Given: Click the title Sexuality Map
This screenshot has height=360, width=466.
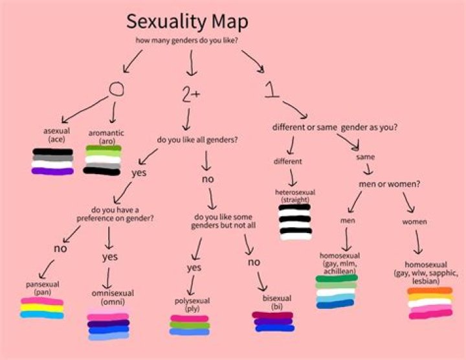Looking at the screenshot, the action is tap(187, 21).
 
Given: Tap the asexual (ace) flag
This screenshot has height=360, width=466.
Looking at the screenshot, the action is tap(52, 161).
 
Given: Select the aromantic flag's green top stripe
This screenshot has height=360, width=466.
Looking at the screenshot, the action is tap(104, 148).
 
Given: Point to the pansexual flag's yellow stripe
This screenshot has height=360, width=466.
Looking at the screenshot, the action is tap(42, 308).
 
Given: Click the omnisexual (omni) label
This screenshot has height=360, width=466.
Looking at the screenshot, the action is tap(113, 298).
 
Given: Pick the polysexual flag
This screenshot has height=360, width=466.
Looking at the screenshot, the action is tap(189, 325).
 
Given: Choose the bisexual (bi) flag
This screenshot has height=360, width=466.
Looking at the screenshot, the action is tap(273, 322).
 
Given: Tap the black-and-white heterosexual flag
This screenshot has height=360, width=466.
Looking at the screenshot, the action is tap(295, 222).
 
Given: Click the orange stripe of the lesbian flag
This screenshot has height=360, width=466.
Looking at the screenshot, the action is tap(430, 291).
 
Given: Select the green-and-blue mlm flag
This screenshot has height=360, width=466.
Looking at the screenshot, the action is tap(336, 291).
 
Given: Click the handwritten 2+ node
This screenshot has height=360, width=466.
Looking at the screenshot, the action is tap(191, 95).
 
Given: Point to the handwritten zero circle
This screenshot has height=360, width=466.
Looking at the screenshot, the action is tap(116, 89).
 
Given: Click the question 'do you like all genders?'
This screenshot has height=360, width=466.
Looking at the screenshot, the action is tap(197, 140).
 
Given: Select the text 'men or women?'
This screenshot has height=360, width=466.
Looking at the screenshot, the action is tap(390, 184).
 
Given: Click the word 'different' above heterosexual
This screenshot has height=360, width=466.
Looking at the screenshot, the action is tap(287, 161).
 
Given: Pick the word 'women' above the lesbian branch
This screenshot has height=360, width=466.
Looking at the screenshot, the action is tap(414, 222).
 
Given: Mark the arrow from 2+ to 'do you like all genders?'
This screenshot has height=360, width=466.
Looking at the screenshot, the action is tap(187, 119).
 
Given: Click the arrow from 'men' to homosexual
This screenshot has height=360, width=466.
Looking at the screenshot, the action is tap(346, 240).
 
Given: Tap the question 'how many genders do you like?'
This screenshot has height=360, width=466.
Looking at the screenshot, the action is tap(186, 40).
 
